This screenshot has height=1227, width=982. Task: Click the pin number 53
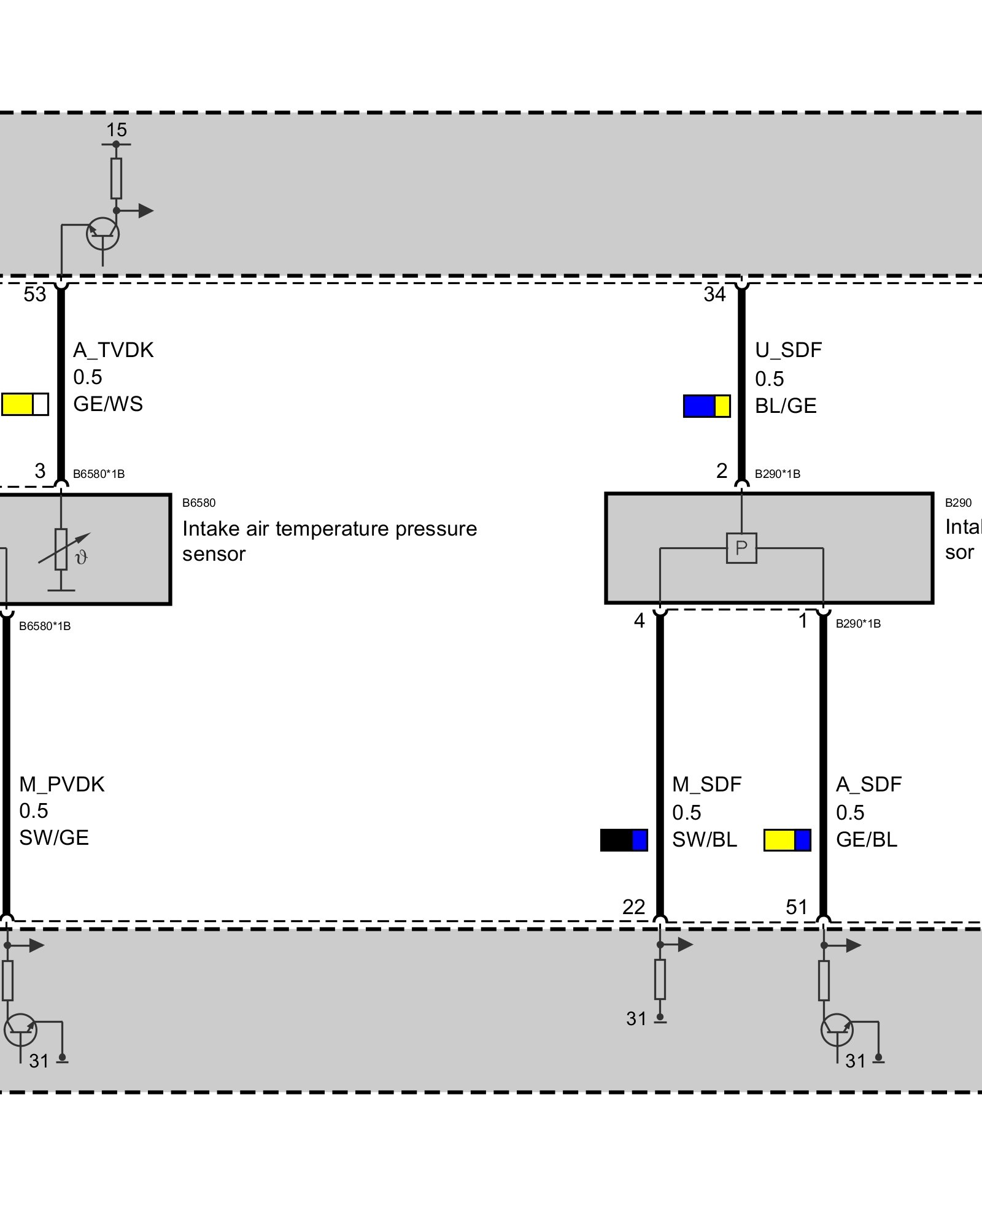35,294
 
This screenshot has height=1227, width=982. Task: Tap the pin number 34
714,294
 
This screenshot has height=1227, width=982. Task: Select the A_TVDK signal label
114,350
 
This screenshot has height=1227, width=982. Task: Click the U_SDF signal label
788,350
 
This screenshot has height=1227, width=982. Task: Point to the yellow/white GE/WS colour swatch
25,405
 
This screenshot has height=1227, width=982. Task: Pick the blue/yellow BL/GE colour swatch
706,406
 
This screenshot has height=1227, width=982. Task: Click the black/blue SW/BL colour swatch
624,840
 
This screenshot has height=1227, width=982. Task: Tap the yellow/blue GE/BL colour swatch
787,840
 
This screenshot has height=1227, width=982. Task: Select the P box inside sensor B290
741,548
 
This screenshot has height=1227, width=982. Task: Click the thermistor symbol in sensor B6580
61,550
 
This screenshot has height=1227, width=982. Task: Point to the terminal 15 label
116,130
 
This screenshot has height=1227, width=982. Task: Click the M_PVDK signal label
62,784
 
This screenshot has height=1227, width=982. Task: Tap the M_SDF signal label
706,784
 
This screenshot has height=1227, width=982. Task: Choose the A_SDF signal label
868,784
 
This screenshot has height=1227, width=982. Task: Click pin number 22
633,907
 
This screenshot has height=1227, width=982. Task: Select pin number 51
796,907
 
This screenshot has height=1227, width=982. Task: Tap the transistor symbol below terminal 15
102,234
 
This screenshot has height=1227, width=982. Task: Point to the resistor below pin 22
660,980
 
